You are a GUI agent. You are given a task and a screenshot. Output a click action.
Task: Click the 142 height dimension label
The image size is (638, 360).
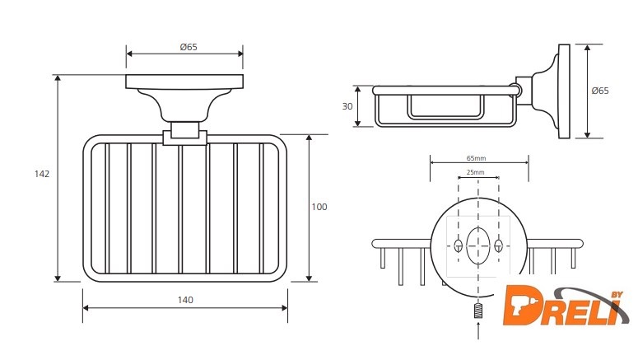click(x=42, y=174)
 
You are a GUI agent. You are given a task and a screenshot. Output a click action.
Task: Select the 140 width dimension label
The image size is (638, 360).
click(x=185, y=300)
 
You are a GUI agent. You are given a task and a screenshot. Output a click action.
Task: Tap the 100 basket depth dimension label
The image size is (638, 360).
click(x=319, y=207)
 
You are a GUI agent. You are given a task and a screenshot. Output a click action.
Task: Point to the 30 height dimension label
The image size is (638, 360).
click(x=347, y=106)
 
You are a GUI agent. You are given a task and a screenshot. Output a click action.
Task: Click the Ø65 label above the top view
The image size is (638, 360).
click(x=189, y=47)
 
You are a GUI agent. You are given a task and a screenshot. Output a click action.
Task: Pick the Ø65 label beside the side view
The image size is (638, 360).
click(x=600, y=91)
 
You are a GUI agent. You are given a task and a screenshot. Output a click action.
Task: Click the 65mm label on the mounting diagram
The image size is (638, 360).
click(x=476, y=158)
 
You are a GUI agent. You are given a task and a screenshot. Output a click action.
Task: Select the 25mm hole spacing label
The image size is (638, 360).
click(x=475, y=172)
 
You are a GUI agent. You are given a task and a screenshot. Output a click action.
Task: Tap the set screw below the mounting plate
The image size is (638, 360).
click(x=478, y=311)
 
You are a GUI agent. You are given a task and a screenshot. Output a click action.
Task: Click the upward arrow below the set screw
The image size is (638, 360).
click(x=478, y=330)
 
